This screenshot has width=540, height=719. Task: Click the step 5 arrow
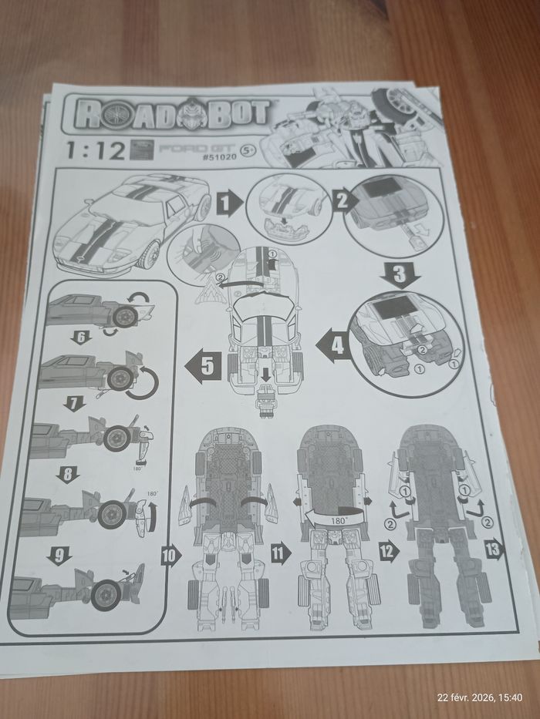pyautogui.click(x=199, y=368)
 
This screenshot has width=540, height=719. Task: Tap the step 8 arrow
pyautogui.click(x=71, y=475)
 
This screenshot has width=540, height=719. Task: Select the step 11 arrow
pyautogui.click(x=280, y=551)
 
